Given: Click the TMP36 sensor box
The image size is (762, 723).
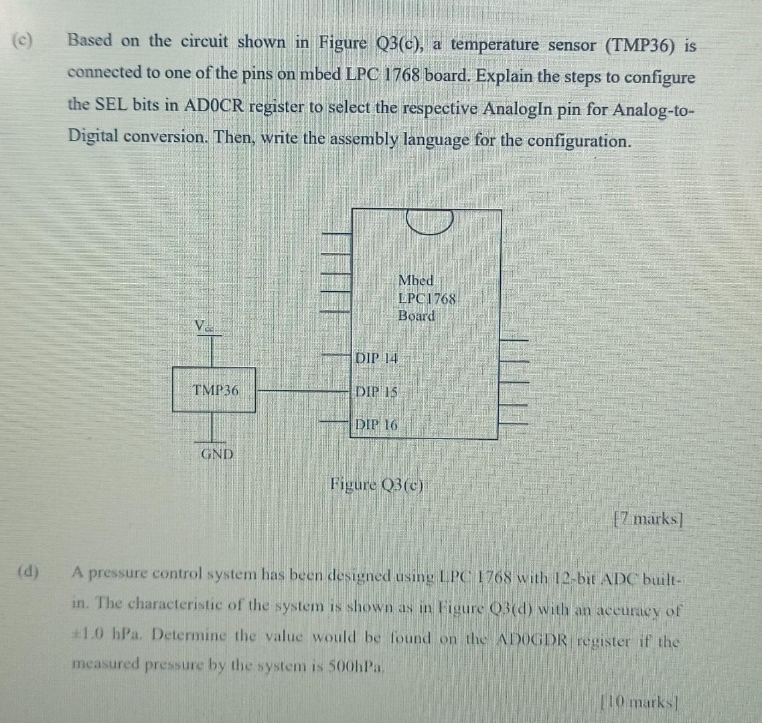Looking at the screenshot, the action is click(214, 390).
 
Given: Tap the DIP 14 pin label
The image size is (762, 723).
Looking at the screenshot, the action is click(376, 358).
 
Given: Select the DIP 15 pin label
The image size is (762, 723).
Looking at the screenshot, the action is click(376, 392).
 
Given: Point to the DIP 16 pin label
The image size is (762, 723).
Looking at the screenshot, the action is click(376, 424).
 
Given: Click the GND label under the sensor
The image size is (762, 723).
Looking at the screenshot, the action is click(217, 454).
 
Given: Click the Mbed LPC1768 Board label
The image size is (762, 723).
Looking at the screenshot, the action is click(426, 299).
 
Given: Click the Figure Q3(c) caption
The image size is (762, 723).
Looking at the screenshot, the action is click(377, 485).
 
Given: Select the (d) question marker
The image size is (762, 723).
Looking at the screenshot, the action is click(28, 572).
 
